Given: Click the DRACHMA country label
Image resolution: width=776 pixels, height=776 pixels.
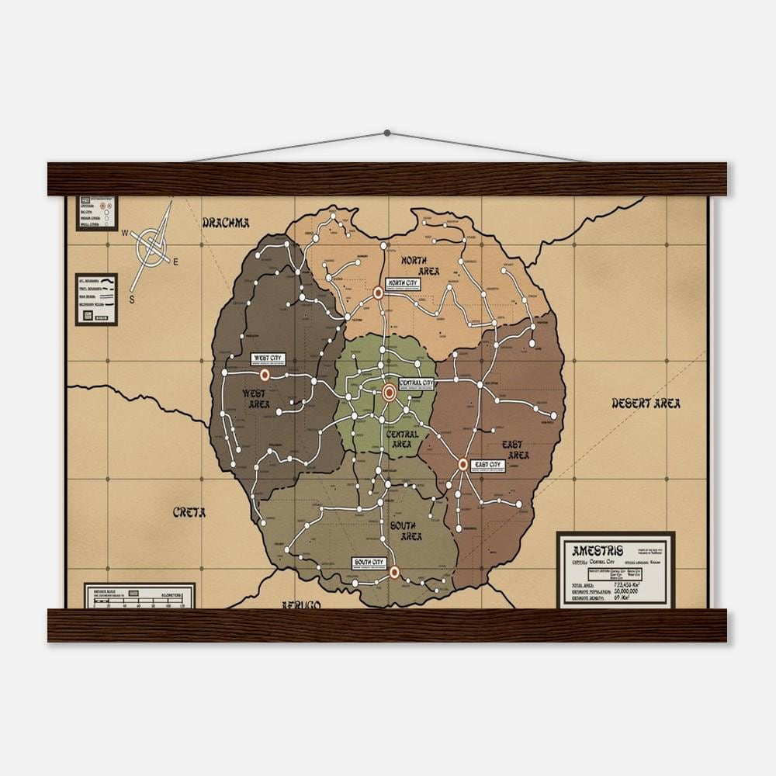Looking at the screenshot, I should coord(225,223).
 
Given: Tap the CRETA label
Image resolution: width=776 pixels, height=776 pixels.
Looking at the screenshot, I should coord(189,512).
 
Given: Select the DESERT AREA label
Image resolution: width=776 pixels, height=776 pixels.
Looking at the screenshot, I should coord(646,403).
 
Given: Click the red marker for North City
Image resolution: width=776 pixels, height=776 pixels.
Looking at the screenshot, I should coord(379,293).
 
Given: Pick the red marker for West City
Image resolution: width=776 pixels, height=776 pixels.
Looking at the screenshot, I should coord(265,374).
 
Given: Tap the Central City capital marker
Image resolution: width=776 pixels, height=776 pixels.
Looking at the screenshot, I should coord(390,393).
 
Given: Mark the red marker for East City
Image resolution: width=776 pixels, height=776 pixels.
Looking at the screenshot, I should coord(463,465).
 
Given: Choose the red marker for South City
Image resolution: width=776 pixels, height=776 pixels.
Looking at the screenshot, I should coord(394,573).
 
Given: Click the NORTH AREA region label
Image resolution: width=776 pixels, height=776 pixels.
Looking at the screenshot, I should coord(421,265).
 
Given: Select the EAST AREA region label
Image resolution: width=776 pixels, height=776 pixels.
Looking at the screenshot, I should coord(514,449).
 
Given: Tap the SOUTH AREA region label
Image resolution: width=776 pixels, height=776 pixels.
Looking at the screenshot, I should coord(406,531).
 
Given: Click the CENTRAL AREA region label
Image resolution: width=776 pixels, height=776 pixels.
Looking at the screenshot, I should coord(402,439).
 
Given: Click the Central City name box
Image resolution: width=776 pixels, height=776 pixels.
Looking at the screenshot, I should coord(417,383).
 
